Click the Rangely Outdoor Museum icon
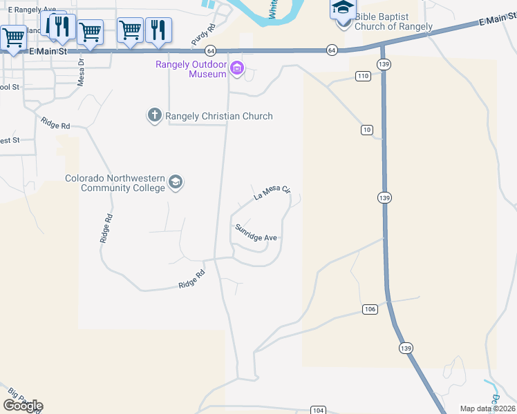[237, 68]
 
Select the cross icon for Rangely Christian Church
[154, 115]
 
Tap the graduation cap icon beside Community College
[176, 183]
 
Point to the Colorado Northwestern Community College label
[115, 183]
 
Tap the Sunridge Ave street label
[256, 233]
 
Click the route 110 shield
[363, 76]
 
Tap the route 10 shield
[366, 130]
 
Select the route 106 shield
[370, 309]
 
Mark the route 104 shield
[318, 410]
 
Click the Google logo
[23, 406]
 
